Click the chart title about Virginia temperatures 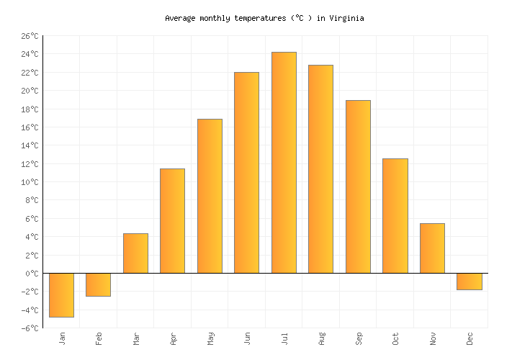pyautogui.click(x=264, y=18)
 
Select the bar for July pyautogui.click(x=284, y=163)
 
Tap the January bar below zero pyautogui.click(x=61, y=295)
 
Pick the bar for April pyautogui.click(x=172, y=221)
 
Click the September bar pyautogui.click(x=358, y=186)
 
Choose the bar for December pyautogui.click(x=469, y=282)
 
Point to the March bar pyautogui.click(x=135, y=253)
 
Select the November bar pyautogui.click(x=432, y=248)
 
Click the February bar pyautogui.click(x=98, y=285)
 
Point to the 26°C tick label pyautogui.click(x=29, y=36)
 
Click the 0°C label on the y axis pyautogui.click(x=31, y=274)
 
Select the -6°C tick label pyautogui.click(x=29, y=328)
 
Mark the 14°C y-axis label pyautogui.click(x=29, y=145)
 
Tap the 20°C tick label pyautogui.click(x=29, y=91)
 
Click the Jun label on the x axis pyautogui.click(x=247, y=338)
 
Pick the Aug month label pyautogui.click(x=321, y=338)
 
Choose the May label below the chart pyautogui.click(x=210, y=338)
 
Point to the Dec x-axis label pyautogui.click(x=470, y=338)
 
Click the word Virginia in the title pyautogui.click(x=346, y=18)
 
